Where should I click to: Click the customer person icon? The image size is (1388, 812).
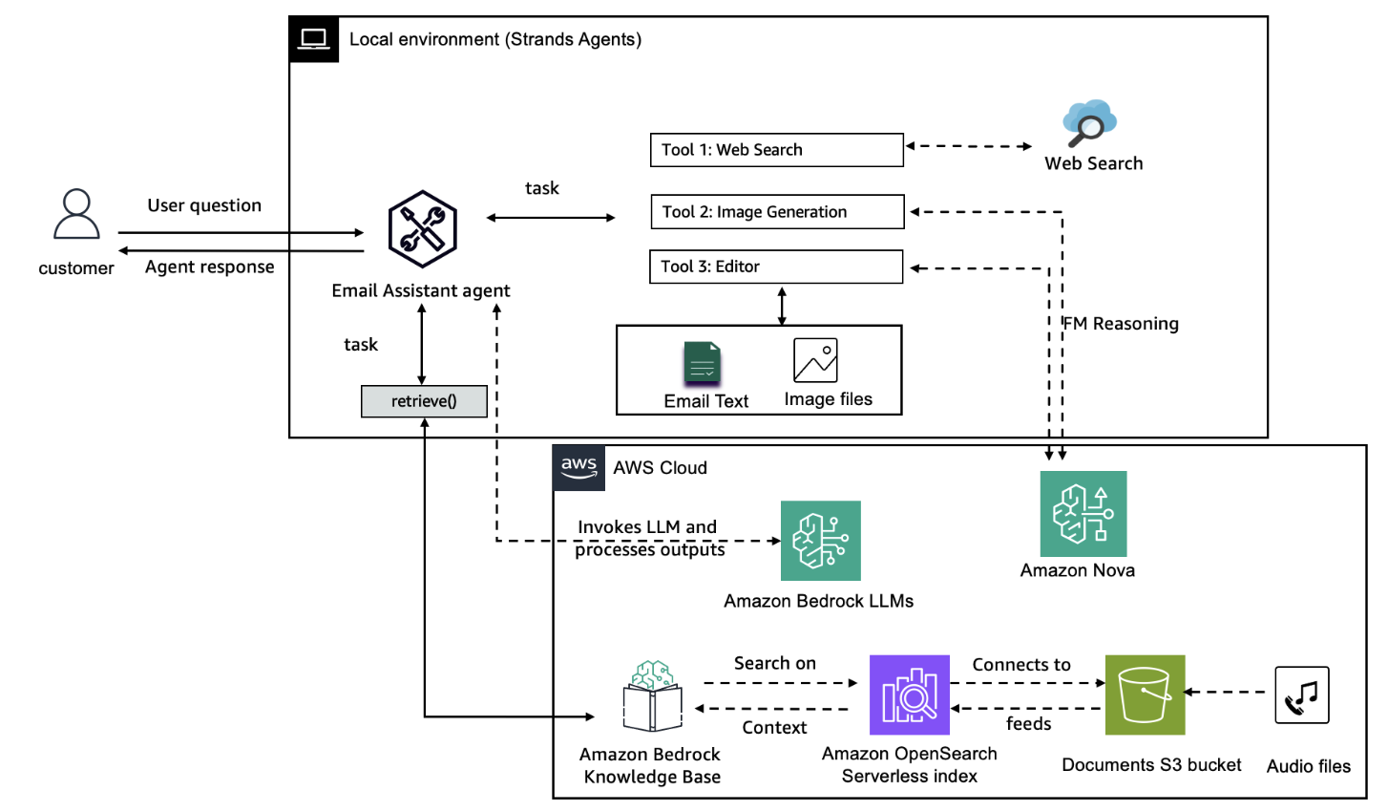tap(76, 214)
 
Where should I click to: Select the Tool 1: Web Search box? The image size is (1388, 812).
tap(776, 150)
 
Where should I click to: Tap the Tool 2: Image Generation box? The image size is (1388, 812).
tap(776, 212)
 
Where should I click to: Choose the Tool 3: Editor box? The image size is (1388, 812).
tap(775, 267)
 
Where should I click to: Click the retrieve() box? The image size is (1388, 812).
tap(424, 401)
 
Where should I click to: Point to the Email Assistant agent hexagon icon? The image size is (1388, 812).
tap(422, 229)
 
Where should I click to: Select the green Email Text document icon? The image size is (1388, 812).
tap(702, 364)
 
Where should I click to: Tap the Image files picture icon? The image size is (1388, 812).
tap(815, 361)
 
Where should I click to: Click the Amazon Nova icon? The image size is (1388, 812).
tap(1083, 514)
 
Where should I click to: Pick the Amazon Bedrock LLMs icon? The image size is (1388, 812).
tap(820, 541)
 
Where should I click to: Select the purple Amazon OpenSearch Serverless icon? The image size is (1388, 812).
tap(909, 694)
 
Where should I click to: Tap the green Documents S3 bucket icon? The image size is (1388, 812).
tap(1145, 694)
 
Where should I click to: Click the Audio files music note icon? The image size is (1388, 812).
tap(1301, 695)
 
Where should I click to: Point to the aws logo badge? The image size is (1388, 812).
tap(578, 468)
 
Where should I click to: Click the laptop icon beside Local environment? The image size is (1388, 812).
tap(313, 39)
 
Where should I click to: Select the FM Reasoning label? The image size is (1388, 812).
tap(1123, 324)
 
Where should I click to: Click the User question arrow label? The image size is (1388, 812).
tap(204, 205)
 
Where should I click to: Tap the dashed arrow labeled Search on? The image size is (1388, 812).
tap(780, 683)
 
